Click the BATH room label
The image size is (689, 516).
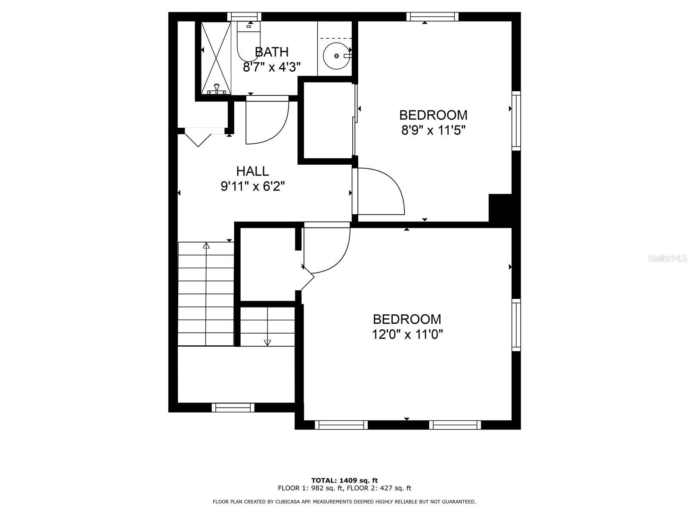(x=271, y=52)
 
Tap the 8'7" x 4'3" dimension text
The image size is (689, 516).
(x=271, y=67)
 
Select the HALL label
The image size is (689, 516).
(x=252, y=171)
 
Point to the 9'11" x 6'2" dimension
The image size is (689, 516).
(x=253, y=186)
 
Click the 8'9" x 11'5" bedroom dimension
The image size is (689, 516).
(x=433, y=130)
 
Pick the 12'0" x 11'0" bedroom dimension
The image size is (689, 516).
(x=407, y=334)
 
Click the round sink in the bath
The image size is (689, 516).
(x=336, y=55)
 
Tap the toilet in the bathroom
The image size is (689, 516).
(x=248, y=43)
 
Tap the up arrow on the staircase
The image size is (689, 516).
(x=206, y=246)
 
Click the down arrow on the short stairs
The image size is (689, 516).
(x=267, y=342)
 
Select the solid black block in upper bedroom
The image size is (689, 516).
(x=500, y=208)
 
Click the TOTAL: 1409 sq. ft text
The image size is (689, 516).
(x=344, y=480)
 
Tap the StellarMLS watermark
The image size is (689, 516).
(x=667, y=258)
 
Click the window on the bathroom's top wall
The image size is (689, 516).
(x=244, y=16)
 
